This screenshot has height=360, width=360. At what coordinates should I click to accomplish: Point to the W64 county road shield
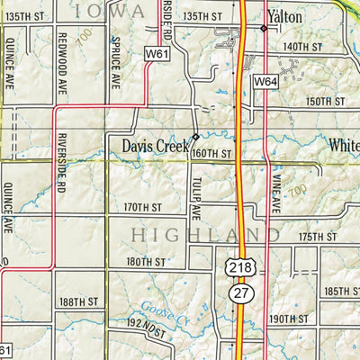pyautogui.click(x=264, y=82)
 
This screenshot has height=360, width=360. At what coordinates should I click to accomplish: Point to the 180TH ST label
pyautogui.click(x=146, y=262)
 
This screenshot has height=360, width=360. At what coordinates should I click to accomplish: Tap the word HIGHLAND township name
pyautogui.click(x=202, y=235)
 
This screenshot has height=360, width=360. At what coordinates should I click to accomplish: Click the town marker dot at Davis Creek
pyautogui.click(x=196, y=137)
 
